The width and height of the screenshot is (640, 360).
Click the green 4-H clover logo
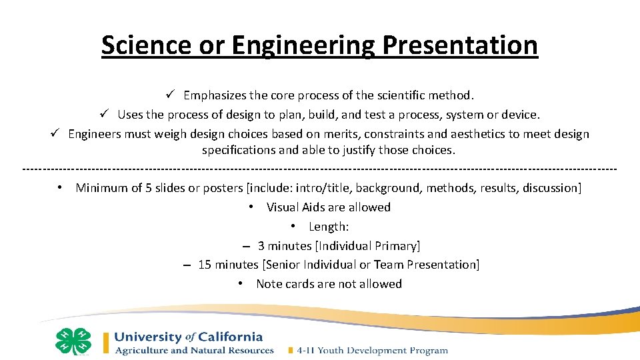73,341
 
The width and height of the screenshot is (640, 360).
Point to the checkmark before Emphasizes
171,95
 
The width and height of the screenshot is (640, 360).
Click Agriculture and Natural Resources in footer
194,351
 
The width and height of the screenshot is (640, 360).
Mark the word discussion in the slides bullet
551,188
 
